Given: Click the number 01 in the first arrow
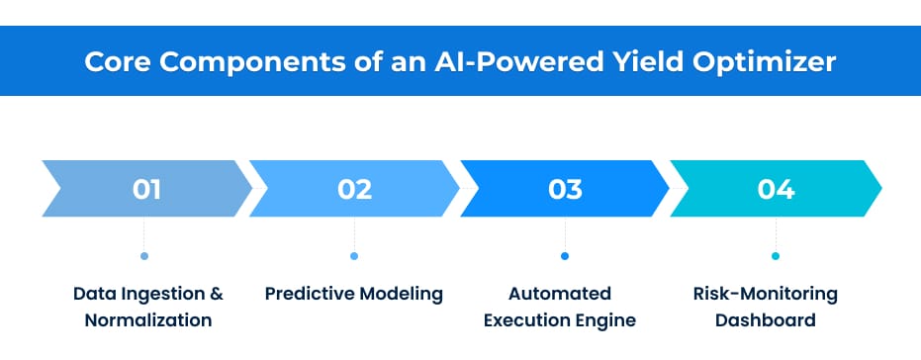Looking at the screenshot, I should click(145, 188).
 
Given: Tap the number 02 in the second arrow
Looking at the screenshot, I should click(354, 188).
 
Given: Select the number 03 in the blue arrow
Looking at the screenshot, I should click(565, 188).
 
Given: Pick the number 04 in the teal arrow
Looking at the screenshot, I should click(776, 188).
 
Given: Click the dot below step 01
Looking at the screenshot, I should click(144, 256).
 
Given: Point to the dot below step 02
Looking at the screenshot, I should click(354, 256).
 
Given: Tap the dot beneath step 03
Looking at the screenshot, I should click(565, 256).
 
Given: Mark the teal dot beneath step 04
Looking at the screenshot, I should click(776, 256).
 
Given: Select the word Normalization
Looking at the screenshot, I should click(148, 320).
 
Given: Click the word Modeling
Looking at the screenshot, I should click(401, 295).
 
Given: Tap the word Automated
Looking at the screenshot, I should click(560, 295).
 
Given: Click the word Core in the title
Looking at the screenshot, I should click(113, 61).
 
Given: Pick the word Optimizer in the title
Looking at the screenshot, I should click(761, 61).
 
